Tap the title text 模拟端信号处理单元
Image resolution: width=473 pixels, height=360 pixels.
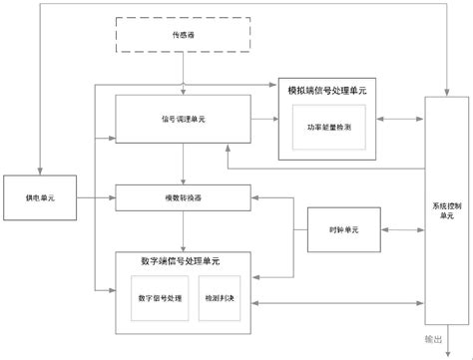pyautogui.click(x=327, y=91)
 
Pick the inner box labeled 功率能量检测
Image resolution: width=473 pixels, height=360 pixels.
pyautogui.click(x=327, y=129)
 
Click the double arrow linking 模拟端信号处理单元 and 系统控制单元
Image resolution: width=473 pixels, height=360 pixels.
pyautogui.click(x=399, y=120)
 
